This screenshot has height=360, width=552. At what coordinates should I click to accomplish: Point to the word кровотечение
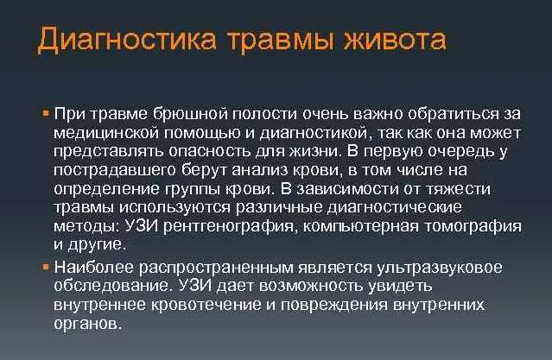click(199, 304)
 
